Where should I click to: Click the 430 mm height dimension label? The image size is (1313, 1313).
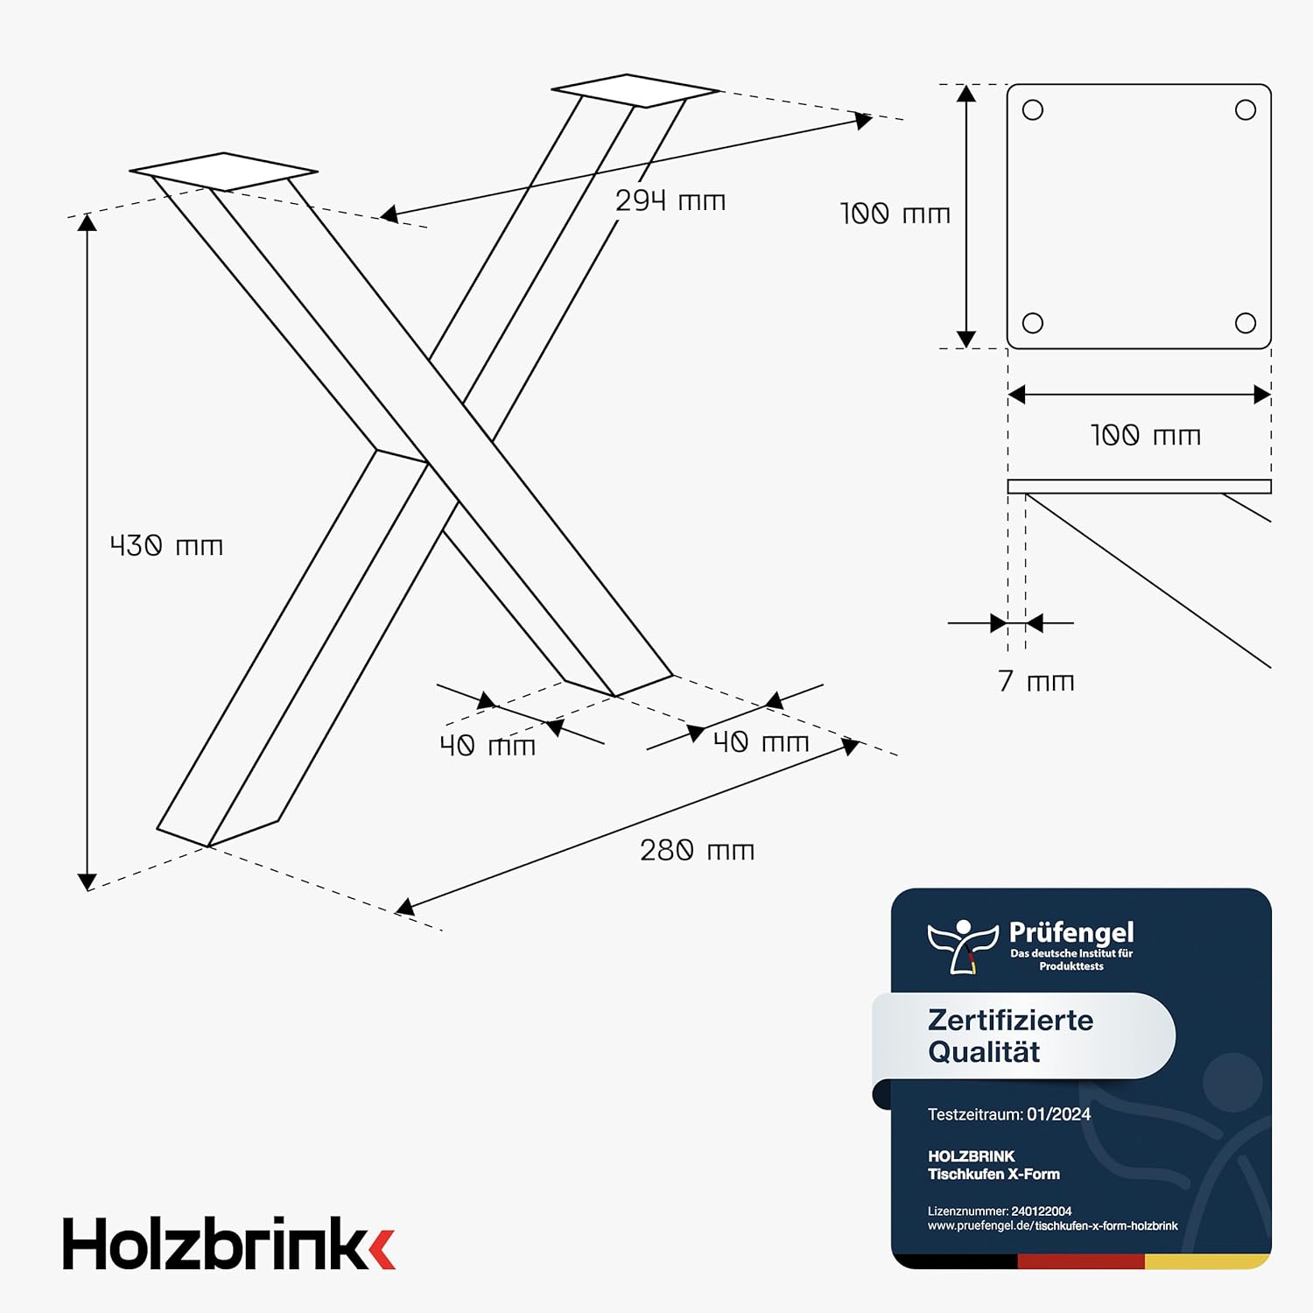tap(166, 545)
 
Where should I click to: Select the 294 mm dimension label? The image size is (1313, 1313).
tap(671, 200)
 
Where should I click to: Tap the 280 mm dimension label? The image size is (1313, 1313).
tap(697, 850)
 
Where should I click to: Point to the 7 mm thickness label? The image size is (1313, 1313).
tap(1036, 681)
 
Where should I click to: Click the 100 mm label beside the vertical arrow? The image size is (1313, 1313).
tap(895, 214)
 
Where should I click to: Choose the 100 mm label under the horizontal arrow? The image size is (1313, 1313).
tap(1145, 435)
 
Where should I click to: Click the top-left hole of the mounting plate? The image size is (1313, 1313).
tap(1033, 110)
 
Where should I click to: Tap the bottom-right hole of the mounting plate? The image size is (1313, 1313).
tap(1246, 323)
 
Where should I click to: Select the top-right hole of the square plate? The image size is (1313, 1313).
tap(1246, 110)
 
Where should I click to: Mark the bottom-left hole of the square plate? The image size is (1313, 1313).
tap(1033, 323)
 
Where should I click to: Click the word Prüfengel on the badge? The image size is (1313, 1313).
tap(1071, 933)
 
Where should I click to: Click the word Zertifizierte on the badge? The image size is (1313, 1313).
tap(1010, 1021)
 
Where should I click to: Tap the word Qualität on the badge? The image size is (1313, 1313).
tap(984, 1051)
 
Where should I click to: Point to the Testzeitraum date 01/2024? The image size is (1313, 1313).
tap(1058, 1114)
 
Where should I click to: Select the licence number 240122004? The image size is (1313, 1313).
tap(1041, 1211)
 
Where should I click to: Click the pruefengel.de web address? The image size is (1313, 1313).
tap(1053, 1225)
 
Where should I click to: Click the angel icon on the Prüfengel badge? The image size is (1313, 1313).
tap(963, 946)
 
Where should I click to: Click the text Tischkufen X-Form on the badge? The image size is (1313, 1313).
tap(994, 1174)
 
